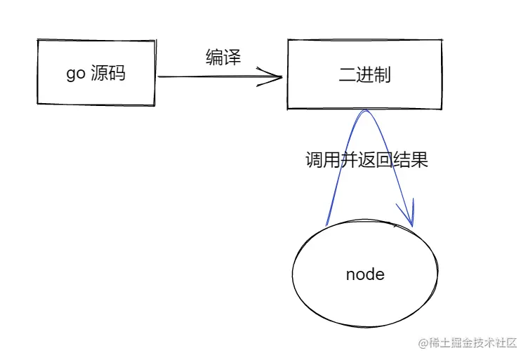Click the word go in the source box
click(76, 74)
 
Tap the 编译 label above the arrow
click(223, 58)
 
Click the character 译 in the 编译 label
click(232, 58)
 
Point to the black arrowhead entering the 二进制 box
click(274, 76)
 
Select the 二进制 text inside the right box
click(364, 74)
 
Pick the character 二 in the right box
click(347, 74)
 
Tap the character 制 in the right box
click(382, 74)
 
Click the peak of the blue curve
click(364, 112)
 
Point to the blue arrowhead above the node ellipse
click(409, 214)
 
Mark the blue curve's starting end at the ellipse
click(327, 225)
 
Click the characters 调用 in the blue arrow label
click(322, 160)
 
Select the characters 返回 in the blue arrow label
click(376, 160)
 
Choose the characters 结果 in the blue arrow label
click(411, 160)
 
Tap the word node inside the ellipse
click(365, 274)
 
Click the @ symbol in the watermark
click(423, 343)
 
